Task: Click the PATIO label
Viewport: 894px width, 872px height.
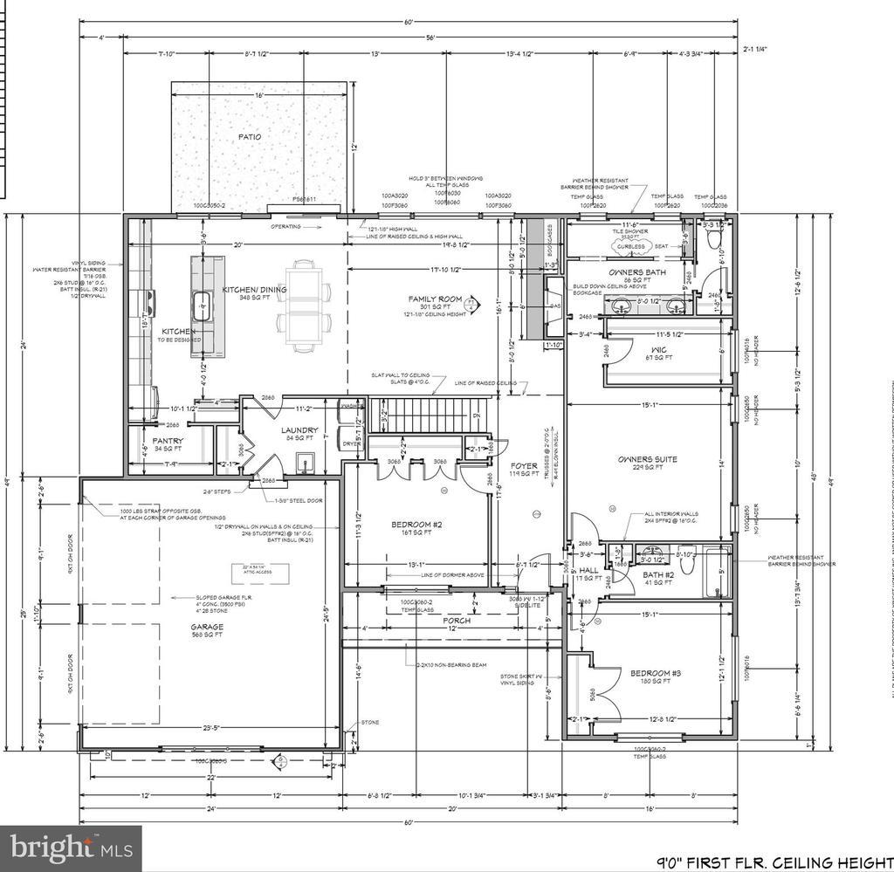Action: click(249, 137)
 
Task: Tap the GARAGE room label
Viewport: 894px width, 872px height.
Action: click(208, 627)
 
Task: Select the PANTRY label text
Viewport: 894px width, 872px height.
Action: click(168, 442)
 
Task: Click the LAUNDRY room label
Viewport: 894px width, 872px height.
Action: click(299, 430)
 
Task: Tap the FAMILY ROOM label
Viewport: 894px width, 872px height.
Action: click(434, 299)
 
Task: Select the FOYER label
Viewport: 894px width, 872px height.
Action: click(524, 466)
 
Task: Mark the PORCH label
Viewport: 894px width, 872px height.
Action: click(457, 621)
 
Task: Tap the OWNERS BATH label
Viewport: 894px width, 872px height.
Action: click(644, 272)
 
